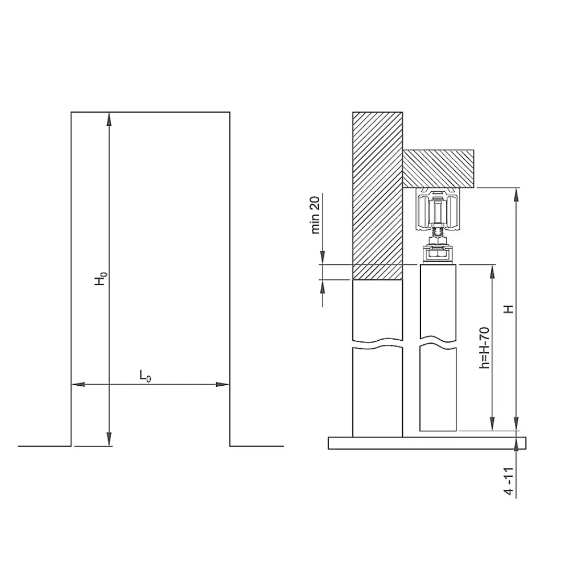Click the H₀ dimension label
coord(101,278)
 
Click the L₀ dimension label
coord(145,376)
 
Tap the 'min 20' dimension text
coord(315,215)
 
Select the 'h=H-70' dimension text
coord(484,348)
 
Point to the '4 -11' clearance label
coord(509,481)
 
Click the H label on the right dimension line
coord(509,309)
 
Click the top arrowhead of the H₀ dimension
coord(109,119)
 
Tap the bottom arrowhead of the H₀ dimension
coord(109,439)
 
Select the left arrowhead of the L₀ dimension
coord(79,384)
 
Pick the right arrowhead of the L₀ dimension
coord(222,384)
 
